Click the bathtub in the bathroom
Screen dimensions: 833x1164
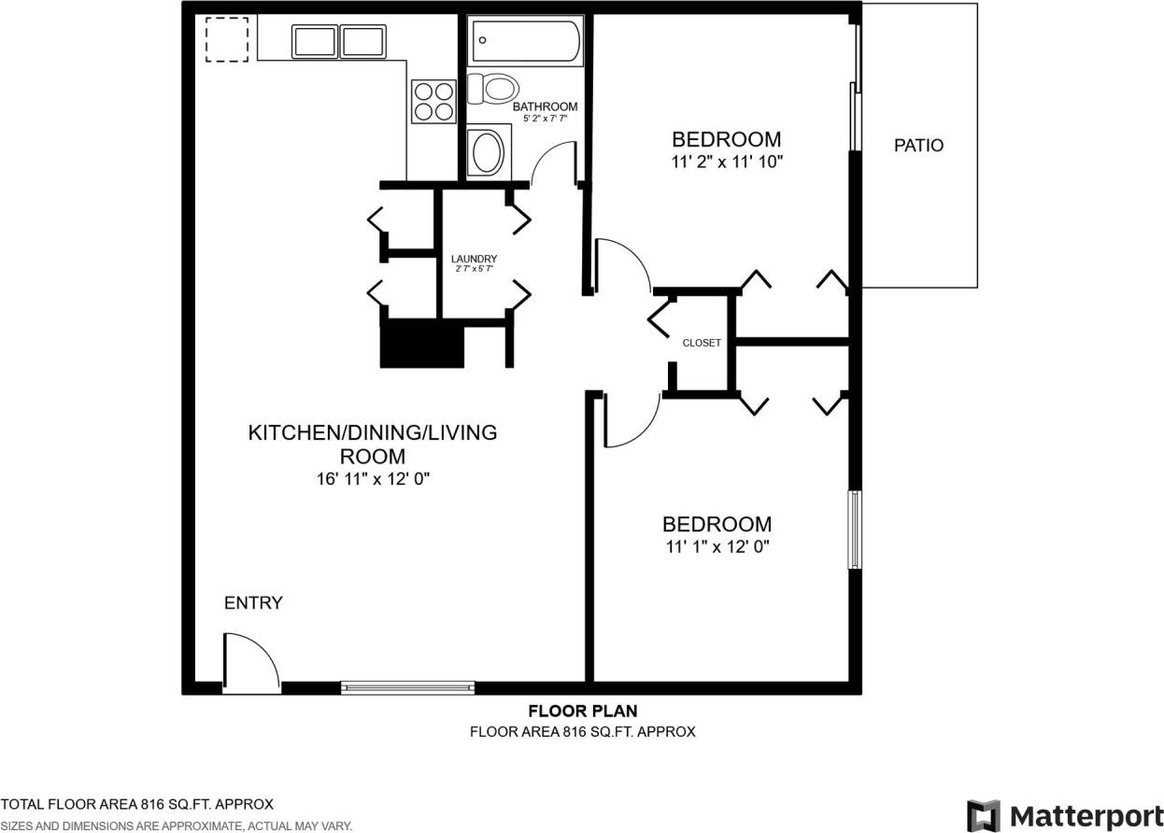(x=526, y=41)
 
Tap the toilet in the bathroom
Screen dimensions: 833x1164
(x=493, y=90)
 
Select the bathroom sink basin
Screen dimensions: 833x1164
(x=486, y=151)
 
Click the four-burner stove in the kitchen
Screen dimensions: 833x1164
(x=433, y=101)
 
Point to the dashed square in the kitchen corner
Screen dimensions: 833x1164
(x=227, y=39)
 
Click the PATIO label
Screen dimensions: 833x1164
(x=918, y=146)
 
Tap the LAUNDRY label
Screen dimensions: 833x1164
(x=474, y=259)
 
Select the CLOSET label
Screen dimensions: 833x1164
(x=702, y=343)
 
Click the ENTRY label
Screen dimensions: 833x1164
(x=253, y=603)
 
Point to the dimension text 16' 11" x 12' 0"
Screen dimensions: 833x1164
(x=372, y=479)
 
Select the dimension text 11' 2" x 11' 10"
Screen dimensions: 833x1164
(x=727, y=162)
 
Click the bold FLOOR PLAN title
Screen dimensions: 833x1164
(x=583, y=712)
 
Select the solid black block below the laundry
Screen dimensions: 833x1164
(x=422, y=344)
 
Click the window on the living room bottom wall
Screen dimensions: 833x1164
(x=407, y=688)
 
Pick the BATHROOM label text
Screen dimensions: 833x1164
(x=545, y=106)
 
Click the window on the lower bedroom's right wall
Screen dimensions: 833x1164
(x=853, y=529)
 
